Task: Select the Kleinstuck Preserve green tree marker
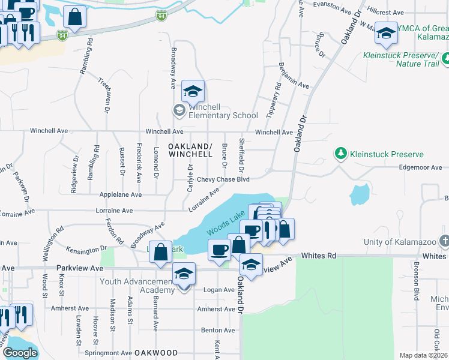(x=341, y=154)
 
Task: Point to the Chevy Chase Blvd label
(x=223, y=179)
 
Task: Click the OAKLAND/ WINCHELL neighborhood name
(x=190, y=150)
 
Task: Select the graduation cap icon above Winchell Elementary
(x=193, y=92)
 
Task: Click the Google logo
(x=20, y=353)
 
